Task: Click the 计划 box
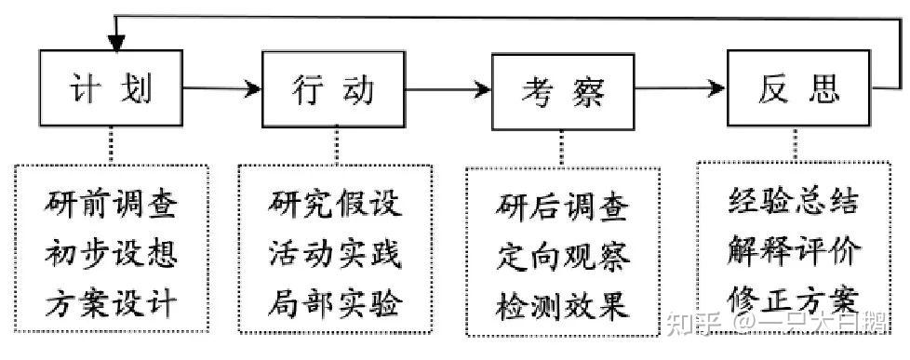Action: click(x=112, y=89)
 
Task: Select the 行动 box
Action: click(x=333, y=89)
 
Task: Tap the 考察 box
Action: click(x=562, y=91)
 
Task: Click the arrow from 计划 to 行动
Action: click(x=221, y=89)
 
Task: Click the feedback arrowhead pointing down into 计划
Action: click(x=115, y=42)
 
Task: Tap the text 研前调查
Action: click(x=111, y=203)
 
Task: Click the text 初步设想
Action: click(x=111, y=252)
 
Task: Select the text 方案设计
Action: click(x=111, y=302)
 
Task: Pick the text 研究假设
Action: click(x=336, y=203)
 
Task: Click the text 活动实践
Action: click(x=336, y=252)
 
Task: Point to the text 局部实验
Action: click(x=336, y=302)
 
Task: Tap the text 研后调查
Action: click(x=563, y=206)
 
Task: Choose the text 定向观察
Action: click(x=563, y=255)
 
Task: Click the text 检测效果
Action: click(x=563, y=304)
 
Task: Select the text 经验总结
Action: click(x=794, y=201)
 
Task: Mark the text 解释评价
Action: click(x=794, y=250)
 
